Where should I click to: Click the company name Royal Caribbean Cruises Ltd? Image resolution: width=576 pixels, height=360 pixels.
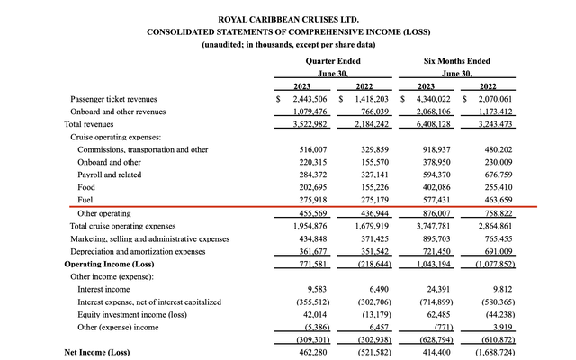click(x=288, y=18)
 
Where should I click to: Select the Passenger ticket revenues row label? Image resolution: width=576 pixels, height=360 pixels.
click(x=113, y=98)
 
